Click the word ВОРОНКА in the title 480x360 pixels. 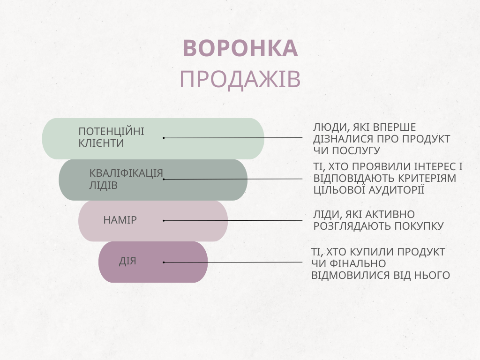click(x=240, y=49)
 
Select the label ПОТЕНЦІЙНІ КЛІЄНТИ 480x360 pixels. click(x=111, y=137)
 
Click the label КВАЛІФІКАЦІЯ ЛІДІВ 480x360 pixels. click(x=126, y=179)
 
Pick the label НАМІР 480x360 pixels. click(x=120, y=220)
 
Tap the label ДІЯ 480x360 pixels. click(x=127, y=261)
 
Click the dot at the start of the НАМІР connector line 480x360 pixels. click(x=164, y=220)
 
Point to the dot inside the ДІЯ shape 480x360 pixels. click(x=164, y=262)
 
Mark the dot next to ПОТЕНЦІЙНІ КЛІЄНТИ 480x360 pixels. click(x=164, y=138)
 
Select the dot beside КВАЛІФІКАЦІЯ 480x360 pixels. click(x=164, y=179)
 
